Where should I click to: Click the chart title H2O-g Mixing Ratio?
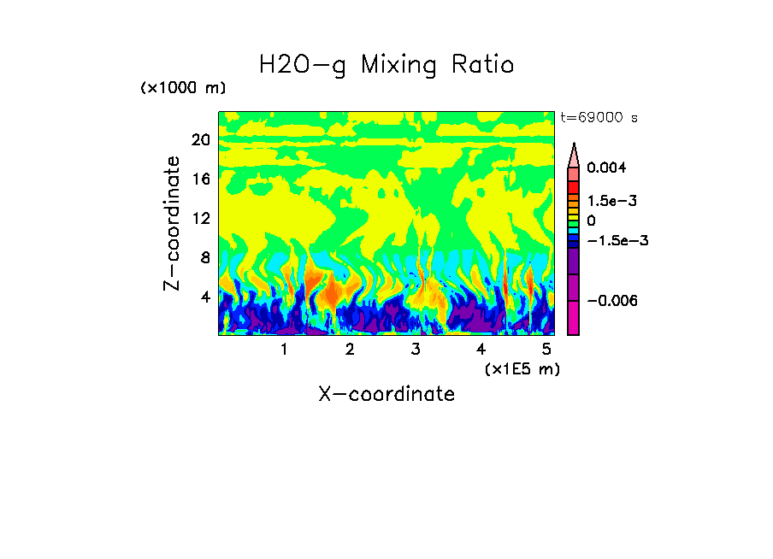tap(386, 65)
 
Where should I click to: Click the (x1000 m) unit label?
tap(183, 89)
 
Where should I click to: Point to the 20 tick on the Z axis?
tap(200, 140)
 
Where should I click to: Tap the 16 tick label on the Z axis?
tap(200, 179)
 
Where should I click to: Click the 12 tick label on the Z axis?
tap(200, 218)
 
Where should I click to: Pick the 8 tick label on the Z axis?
tap(204, 257)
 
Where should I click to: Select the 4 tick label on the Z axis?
tap(204, 297)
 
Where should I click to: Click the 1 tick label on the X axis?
tap(284, 350)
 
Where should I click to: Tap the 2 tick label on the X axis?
tap(350, 350)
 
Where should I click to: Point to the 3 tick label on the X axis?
tap(416, 350)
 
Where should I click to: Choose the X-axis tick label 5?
tap(546, 350)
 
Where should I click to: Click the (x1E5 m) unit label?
tap(522, 369)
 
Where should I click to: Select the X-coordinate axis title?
tap(386, 394)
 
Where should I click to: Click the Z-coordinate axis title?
tap(173, 223)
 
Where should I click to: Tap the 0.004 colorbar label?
tap(606, 168)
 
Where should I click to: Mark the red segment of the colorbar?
tap(574, 185)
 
